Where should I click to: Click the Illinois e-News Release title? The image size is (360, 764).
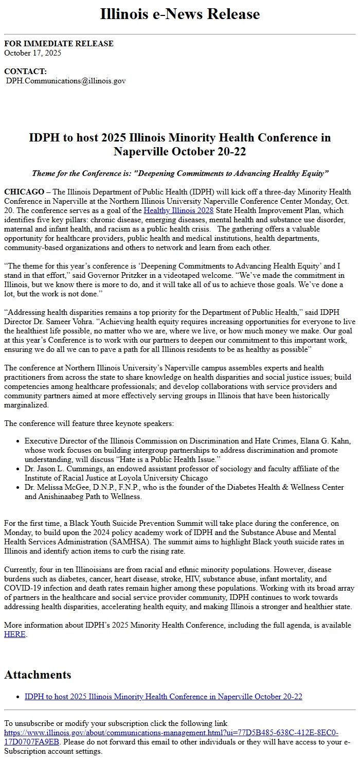180,14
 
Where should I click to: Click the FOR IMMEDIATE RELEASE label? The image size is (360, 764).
59,44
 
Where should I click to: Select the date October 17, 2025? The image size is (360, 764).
32,52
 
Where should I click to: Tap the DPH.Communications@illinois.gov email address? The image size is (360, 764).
66,81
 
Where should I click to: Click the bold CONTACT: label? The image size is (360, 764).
25,72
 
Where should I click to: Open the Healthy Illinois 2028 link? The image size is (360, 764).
178,210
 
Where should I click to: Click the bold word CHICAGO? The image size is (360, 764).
24,192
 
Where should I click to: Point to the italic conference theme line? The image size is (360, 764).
180,173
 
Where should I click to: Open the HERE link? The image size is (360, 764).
14,634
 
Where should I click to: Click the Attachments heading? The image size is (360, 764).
38,674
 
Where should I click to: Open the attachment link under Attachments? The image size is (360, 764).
163,697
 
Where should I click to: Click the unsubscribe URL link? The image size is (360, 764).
171,737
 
